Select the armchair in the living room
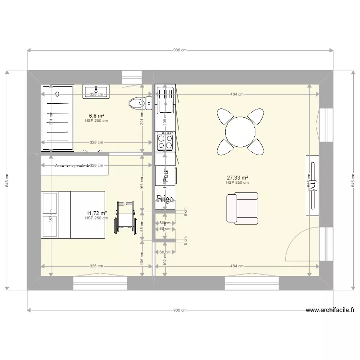coord(242,208)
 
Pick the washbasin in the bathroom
coord(96,91)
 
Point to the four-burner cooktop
coord(165,141)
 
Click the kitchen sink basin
coord(165,106)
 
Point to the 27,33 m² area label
coord(237,177)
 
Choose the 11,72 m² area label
coord(96,213)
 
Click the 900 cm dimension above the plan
coord(180,50)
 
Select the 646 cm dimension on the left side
coord(7,180)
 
